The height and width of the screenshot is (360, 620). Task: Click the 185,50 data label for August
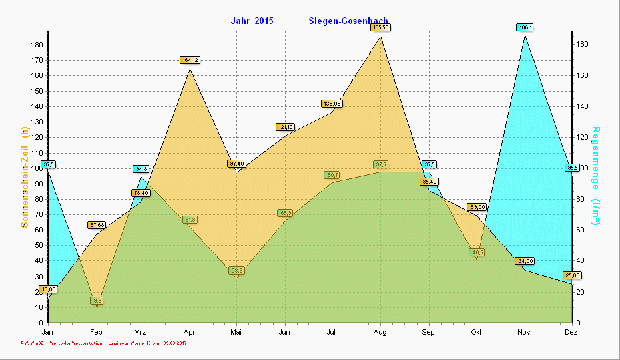[381, 27]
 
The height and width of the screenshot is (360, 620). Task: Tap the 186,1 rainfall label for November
[525, 27]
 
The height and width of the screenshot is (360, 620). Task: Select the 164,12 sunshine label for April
[190, 60]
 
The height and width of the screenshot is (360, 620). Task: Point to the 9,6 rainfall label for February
[97, 301]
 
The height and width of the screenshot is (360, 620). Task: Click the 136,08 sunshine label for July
[332, 104]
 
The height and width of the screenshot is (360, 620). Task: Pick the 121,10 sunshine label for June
[285, 127]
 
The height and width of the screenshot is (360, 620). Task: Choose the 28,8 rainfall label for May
[236, 271]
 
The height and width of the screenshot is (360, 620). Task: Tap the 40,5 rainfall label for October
[477, 252]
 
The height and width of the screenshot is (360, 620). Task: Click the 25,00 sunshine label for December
[572, 275]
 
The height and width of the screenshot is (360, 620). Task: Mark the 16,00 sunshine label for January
[48, 289]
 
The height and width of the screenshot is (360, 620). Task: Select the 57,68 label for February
[97, 225]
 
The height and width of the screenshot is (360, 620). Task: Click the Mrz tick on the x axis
[140, 332]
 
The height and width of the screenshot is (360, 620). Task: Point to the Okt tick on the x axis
[476, 332]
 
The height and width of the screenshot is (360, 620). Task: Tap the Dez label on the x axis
[571, 332]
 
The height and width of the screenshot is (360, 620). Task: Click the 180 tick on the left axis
[37, 45]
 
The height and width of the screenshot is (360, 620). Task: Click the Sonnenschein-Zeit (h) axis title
[25, 178]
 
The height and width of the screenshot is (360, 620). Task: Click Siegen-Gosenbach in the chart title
[348, 21]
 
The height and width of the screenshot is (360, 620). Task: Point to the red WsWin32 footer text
[29, 343]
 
